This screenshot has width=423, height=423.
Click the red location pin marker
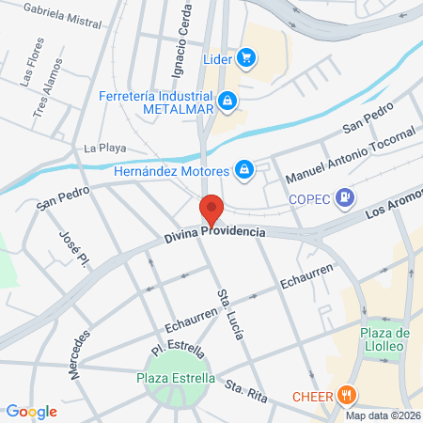tap(211, 210)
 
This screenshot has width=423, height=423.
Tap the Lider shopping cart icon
tap(247, 58)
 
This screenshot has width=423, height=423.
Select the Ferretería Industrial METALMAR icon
tap(227, 99)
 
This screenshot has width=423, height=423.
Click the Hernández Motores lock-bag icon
tap(244, 169)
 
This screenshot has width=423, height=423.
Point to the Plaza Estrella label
tap(176, 379)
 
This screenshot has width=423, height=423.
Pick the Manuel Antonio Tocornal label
tap(350, 156)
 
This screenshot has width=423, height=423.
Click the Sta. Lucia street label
tap(227, 305)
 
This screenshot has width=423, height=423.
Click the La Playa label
tap(104, 148)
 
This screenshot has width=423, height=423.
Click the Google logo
tap(31, 411)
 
